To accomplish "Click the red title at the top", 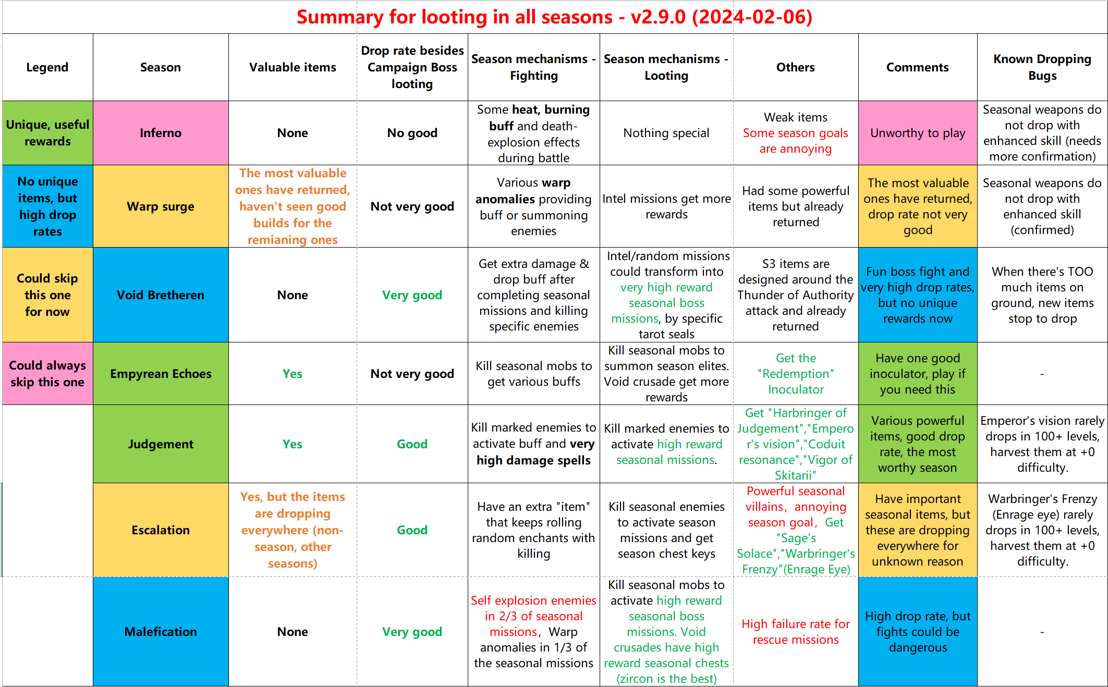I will click(x=554, y=17).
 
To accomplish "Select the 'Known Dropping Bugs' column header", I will click(x=1042, y=67).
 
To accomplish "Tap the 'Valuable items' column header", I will click(x=293, y=67).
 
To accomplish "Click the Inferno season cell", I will click(x=161, y=133).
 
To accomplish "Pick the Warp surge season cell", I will click(x=161, y=206).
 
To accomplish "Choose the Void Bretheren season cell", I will click(x=161, y=295).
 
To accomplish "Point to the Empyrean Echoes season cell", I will click(x=161, y=374).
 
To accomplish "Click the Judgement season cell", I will click(x=161, y=444).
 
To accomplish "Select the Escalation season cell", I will click(x=161, y=530).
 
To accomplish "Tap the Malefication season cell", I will click(x=161, y=632).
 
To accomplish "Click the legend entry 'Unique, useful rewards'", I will click(x=47, y=133).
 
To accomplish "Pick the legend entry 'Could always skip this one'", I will click(x=47, y=374).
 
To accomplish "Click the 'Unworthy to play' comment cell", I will click(x=918, y=133).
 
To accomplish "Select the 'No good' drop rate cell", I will click(x=412, y=133).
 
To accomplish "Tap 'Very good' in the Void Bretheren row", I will click(x=412, y=295).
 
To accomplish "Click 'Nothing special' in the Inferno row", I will click(x=666, y=133).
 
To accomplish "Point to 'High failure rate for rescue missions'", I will click(x=796, y=632).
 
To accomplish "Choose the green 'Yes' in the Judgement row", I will click(x=293, y=444).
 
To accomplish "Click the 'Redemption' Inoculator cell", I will click(x=796, y=374).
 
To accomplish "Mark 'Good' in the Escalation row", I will click(x=412, y=530).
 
